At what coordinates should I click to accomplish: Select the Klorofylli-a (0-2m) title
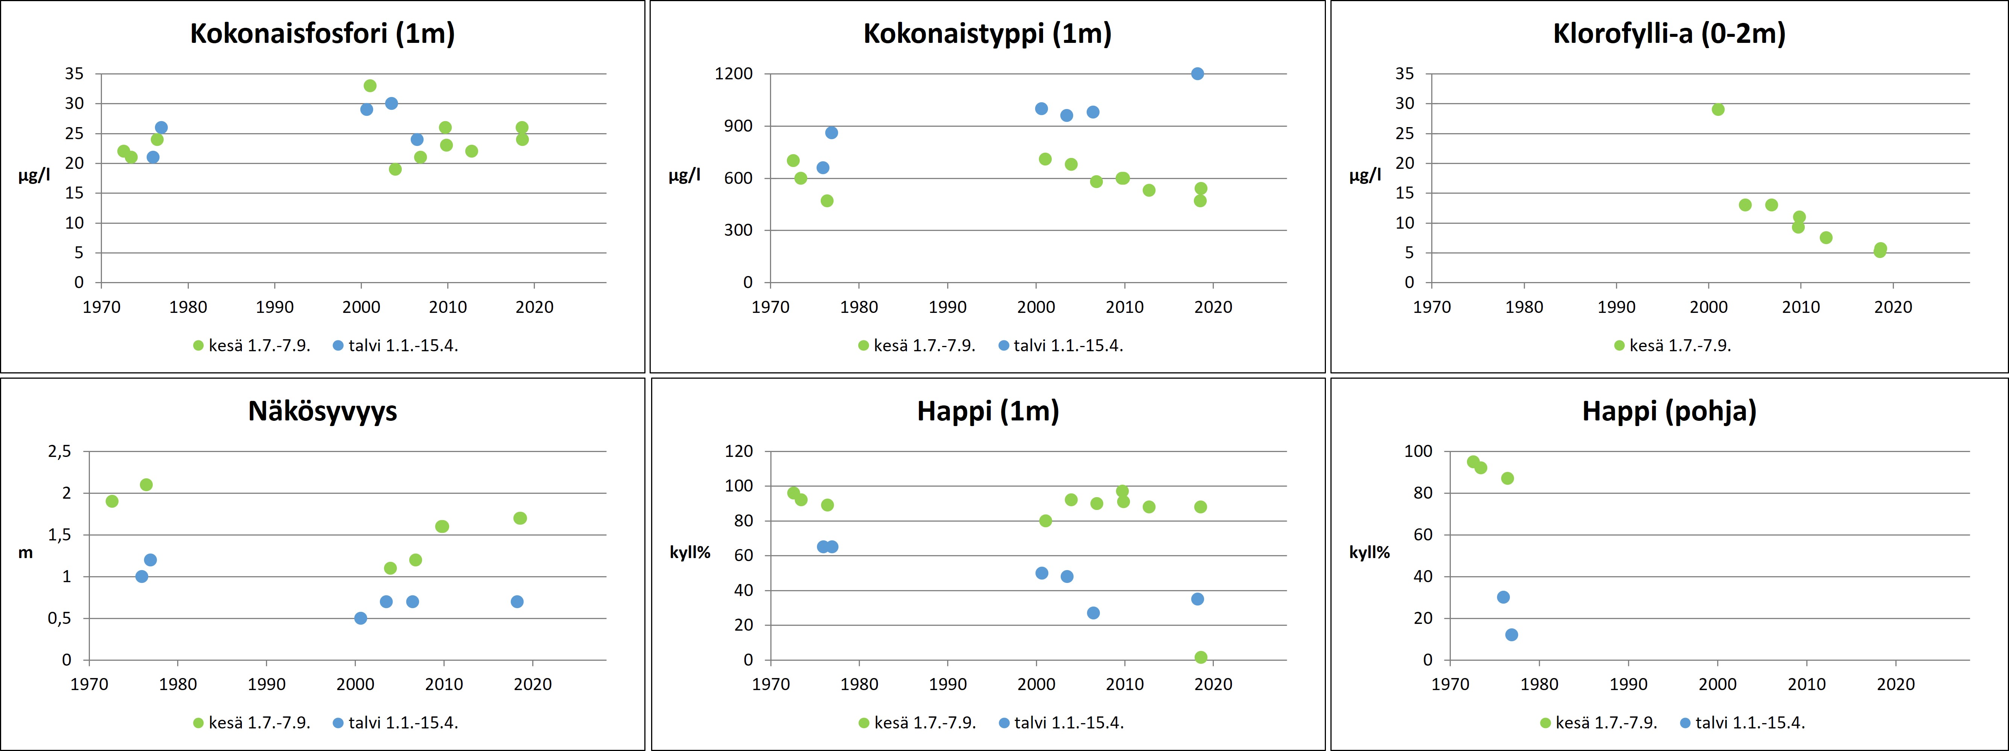click(x=1669, y=33)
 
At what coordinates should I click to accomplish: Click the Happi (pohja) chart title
click(x=1669, y=411)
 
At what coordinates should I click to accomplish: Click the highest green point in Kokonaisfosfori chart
click(x=370, y=86)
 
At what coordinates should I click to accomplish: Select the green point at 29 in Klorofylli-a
click(x=1717, y=109)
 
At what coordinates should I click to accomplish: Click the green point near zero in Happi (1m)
click(x=1200, y=657)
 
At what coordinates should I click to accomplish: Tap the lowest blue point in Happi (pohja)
click(x=1511, y=635)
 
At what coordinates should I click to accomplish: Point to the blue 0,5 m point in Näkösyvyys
click(x=360, y=618)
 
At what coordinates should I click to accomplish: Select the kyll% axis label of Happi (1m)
click(x=690, y=553)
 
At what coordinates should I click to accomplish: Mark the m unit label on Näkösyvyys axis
click(x=26, y=553)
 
